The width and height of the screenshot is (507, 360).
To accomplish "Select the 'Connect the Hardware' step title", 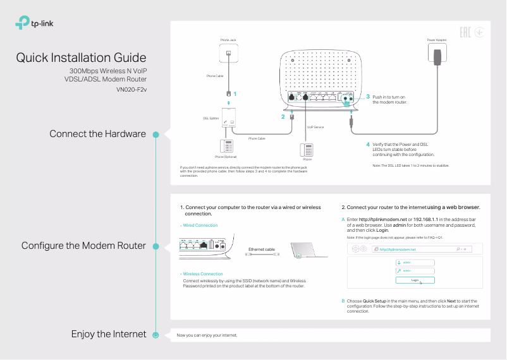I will coord(97,134).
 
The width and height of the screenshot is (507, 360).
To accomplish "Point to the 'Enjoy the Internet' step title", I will coord(108,334).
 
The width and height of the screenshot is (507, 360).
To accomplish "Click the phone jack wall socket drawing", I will coord(228,54).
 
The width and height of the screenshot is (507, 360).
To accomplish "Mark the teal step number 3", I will coord(368,96).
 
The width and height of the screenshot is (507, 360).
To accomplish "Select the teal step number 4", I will coord(368,145).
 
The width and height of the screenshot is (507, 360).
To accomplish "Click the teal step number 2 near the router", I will coord(283,117).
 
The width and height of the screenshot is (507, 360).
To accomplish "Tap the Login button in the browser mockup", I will coord(415,279).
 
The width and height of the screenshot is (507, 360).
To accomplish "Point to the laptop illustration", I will coord(310,251).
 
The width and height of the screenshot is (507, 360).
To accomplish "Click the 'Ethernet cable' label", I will coord(262,249).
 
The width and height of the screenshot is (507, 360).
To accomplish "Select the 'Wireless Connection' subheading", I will coord(202,274).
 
